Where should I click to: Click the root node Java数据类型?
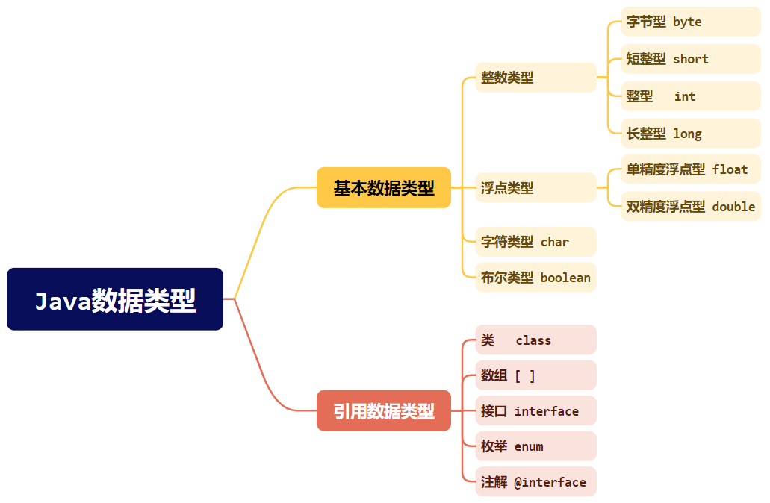[115, 299]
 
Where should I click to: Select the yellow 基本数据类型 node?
[384, 187]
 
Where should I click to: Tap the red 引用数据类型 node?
[384, 410]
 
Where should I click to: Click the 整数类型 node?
[535, 78]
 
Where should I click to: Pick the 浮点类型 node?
[535, 188]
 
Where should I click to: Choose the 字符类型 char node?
[535, 242]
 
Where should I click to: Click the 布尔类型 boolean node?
[535, 278]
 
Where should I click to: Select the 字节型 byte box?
[690, 22]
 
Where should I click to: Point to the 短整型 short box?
[690, 59]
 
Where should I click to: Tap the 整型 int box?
[690, 96]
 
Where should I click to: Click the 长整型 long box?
[690, 134]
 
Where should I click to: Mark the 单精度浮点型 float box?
[690, 169]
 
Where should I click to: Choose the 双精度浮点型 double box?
[690, 207]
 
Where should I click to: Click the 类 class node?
[535, 340]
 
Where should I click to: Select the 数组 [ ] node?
[535, 375]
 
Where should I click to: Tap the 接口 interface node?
[535, 411]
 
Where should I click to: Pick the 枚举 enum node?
[535, 446]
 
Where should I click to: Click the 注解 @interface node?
[535, 482]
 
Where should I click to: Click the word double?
[733, 207]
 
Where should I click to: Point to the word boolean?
[565, 278]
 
